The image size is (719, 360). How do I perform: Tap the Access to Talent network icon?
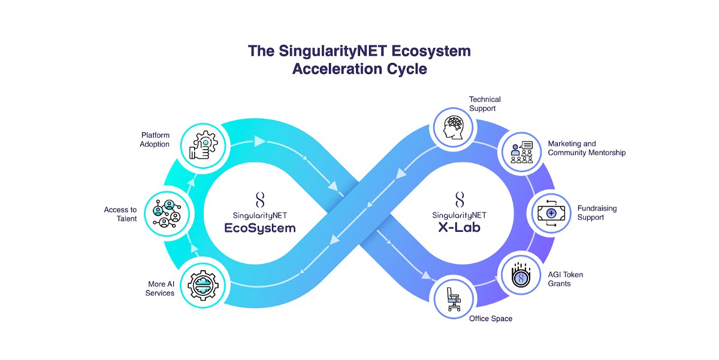click(167, 214)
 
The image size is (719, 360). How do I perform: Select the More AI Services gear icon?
click(203, 285)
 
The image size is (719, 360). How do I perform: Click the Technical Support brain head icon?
click(453, 128)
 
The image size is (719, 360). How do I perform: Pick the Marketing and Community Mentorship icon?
click(522, 152)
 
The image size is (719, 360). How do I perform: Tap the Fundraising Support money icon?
click(551, 213)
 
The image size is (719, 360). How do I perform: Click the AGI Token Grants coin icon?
click(521, 275)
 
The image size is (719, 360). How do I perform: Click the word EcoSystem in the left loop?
click(260, 228)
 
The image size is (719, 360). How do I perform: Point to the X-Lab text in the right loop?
click(460, 227)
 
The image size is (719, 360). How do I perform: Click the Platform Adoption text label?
click(155, 140)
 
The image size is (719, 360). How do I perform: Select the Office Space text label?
click(491, 319)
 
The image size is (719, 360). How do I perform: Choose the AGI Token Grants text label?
click(565, 279)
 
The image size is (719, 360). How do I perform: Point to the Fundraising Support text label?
click(597, 213)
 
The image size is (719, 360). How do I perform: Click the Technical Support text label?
click(485, 104)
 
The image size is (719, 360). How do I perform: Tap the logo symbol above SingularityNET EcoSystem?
click(260, 200)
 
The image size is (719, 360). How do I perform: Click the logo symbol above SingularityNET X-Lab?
click(460, 199)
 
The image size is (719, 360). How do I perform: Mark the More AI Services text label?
click(160, 289)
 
